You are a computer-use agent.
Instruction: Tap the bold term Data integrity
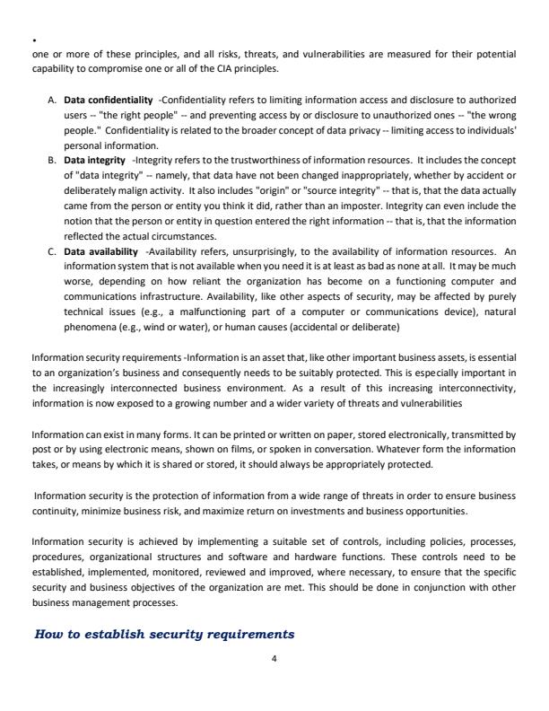click(94, 160)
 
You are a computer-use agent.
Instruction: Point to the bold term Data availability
click(100, 251)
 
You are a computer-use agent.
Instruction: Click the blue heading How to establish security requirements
click(164, 634)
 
